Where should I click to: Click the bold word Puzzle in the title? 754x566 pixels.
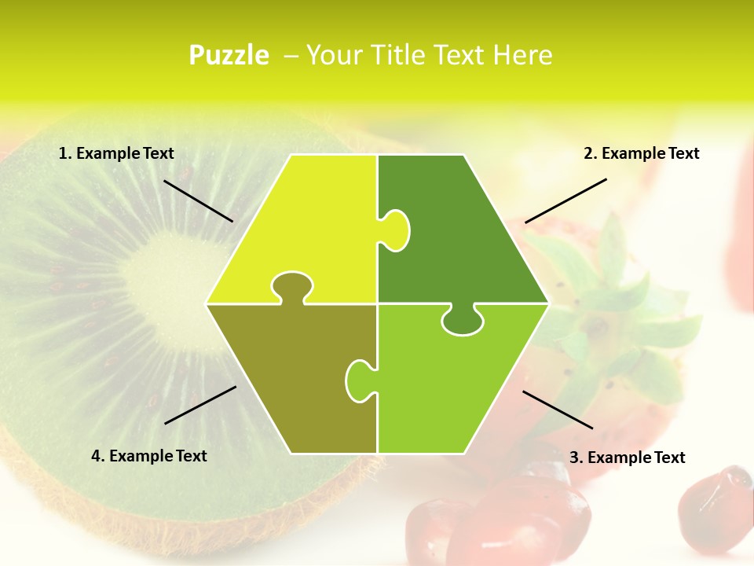(x=229, y=55)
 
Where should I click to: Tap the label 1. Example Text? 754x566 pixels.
(x=116, y=153)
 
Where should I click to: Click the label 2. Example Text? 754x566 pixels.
(x=641, y=153)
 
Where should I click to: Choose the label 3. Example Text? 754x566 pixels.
(x=627, y=457)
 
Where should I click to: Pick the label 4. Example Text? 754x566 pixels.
(x=149, y=455)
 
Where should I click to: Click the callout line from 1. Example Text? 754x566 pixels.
(x=198, y=200)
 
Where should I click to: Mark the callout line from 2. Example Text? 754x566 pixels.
(x=565, y=200)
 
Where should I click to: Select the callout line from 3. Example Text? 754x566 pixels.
(x=558, y=410)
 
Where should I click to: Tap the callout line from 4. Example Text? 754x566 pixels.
(x=200, y=405)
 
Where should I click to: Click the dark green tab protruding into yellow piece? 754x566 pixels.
(x=396, y=230)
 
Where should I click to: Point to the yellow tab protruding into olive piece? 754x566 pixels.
(x=292, y=286)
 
